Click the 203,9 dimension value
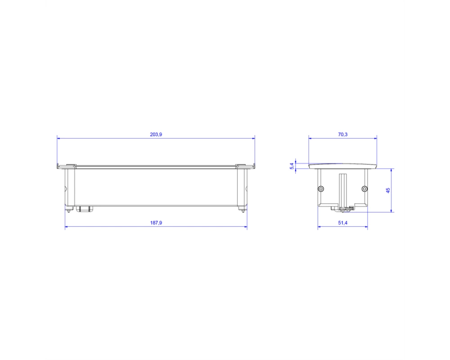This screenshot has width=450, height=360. [156, 135]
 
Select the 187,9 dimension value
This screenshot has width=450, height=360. [156, 223]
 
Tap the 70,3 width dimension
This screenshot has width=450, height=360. [342, 135]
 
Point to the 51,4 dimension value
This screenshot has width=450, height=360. [342, 223]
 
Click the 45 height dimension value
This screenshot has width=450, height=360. [388, 190]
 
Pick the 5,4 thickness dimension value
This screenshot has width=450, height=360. [292, 166]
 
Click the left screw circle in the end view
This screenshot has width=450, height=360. [321, 189]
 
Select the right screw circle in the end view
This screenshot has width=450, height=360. [364, 189]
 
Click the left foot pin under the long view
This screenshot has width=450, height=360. [68, 210]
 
